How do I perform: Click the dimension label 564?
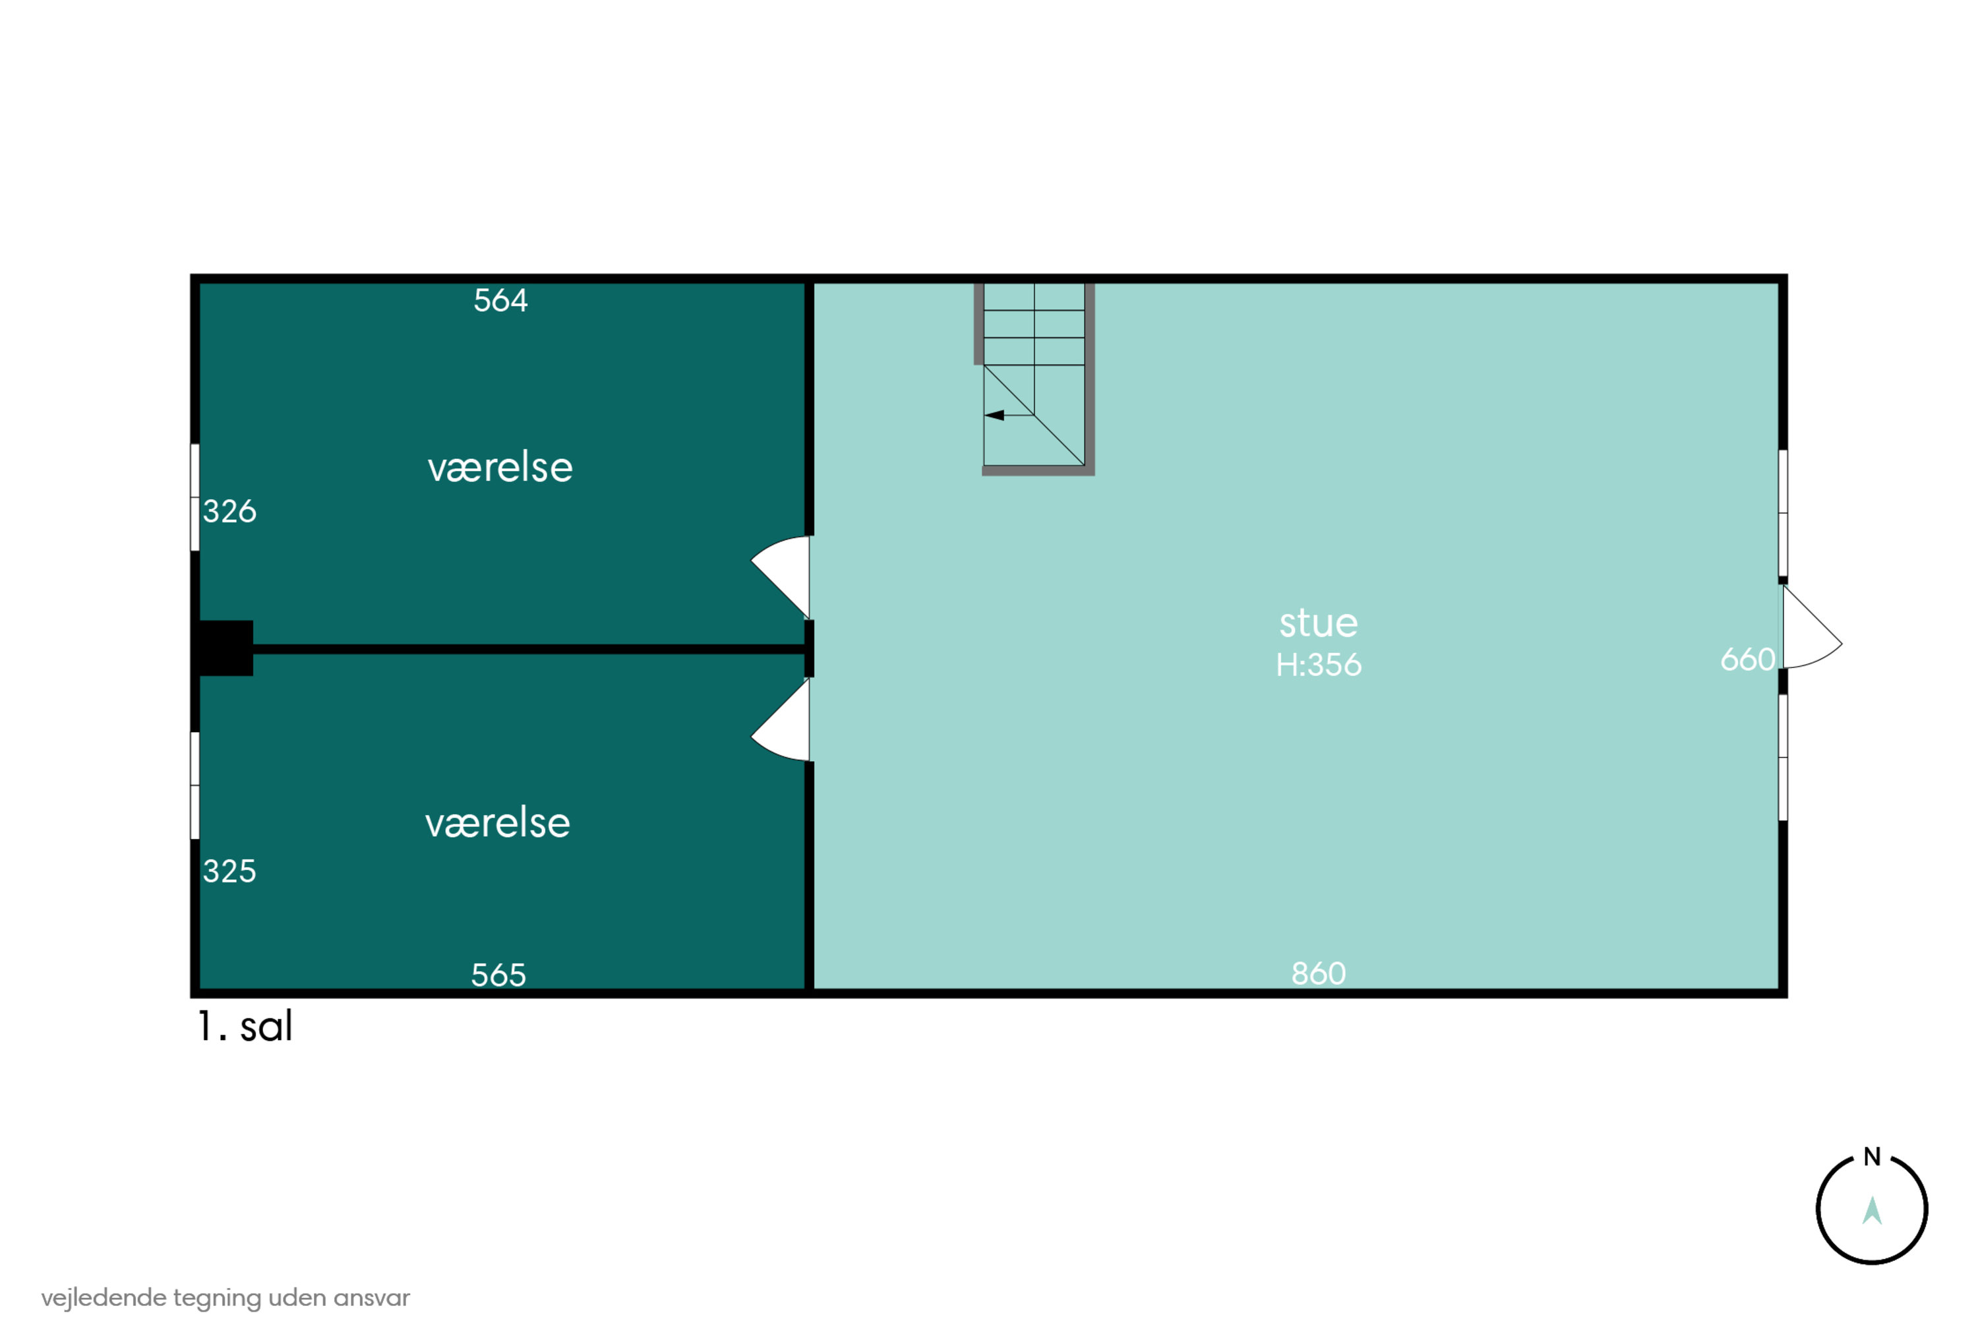click(x=500, y=300)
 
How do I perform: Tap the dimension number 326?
click(x=229, y=510)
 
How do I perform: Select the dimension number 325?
click(x=229, y=871)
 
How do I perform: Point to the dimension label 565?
click(x=498, y=975)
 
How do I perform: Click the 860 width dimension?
click(x=1319, y=973)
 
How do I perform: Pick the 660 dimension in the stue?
click(x=1748, y=659)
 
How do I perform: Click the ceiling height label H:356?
click(x=1319, y=665)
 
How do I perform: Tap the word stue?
click(x=1319, y=623)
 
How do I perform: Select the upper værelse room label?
click(x=500, y=467)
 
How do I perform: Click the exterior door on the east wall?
click(x=1813, y=626)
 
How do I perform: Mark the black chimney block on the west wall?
click(x=225, y=648)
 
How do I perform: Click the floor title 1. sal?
click(x=245, y=1026)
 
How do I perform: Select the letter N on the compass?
click(x=1872, y=1157)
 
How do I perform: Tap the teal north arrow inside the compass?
click(x=1872, y=1212)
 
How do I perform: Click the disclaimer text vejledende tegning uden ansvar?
click(x=225, y=1297)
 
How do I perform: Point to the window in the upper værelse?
click(x=195, y=497)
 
